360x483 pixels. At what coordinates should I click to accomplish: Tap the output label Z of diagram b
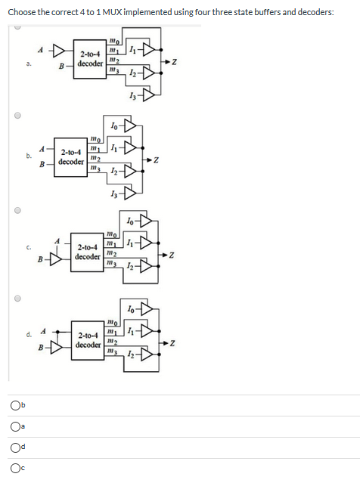(157, 160)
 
